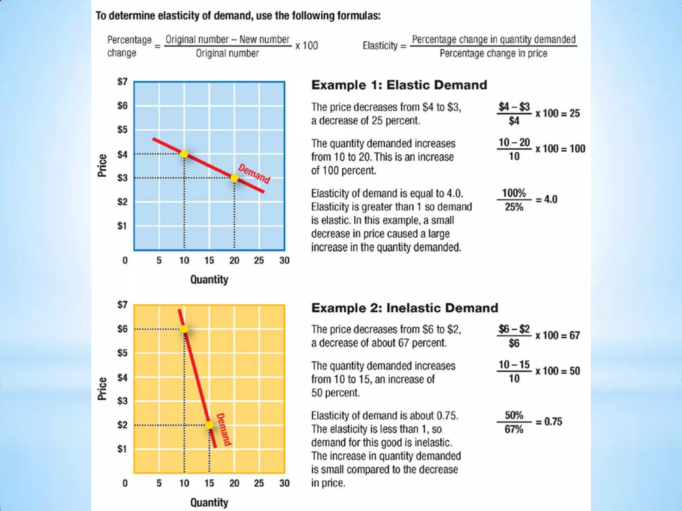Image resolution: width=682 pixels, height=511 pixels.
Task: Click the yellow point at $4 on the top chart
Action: pos(184,154)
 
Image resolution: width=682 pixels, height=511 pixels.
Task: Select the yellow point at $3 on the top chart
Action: pos(234,178)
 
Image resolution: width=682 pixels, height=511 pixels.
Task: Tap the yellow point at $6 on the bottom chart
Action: pos(184,329)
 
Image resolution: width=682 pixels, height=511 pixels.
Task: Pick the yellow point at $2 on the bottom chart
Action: pos(209,425)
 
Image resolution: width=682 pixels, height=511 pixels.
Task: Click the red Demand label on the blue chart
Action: pos(254,174)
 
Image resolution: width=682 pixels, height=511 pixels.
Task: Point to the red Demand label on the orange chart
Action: pos(224,429)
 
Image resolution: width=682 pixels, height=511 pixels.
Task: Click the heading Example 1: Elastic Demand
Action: pos(399,85)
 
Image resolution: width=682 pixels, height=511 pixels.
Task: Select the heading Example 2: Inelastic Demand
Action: pos(405,308)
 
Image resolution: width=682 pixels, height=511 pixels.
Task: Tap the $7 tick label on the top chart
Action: pos(122,82)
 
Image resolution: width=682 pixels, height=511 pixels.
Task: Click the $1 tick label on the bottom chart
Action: pos(122,449)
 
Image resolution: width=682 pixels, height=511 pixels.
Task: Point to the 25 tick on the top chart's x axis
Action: pos(259,260)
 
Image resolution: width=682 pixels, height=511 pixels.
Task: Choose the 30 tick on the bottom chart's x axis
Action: pos(284,483)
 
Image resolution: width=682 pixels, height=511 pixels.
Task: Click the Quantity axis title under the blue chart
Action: pos(209,279)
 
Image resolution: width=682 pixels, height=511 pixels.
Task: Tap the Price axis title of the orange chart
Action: pos(102,389)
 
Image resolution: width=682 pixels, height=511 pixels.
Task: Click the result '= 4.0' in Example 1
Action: pos(546,200)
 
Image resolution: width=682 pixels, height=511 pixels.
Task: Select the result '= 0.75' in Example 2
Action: pos(549,422)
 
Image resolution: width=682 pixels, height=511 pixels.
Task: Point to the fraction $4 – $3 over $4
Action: pos(514,114)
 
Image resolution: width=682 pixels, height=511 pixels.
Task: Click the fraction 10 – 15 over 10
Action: pos(514,371)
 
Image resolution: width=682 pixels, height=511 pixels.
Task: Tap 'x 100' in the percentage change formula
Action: pos(306,46)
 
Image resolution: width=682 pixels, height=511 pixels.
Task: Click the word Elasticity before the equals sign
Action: pos(380,46)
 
